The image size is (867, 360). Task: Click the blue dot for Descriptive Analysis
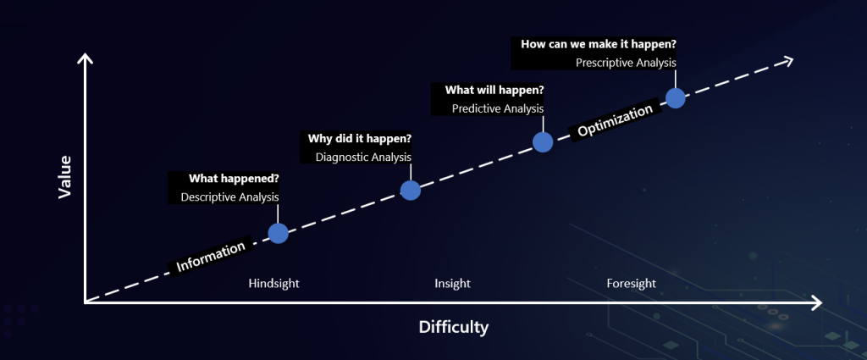[x=278, y=233]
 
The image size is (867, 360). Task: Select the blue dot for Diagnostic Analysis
[x=411, y=191]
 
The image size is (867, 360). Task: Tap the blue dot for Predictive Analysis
[x=543, y=142]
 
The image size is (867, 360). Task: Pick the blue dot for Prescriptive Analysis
[x=675, y=98]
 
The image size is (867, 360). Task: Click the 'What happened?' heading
[x=234, y=179]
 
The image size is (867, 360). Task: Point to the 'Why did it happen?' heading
[x=359, y=138]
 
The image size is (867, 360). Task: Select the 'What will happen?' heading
[x=494, y=90]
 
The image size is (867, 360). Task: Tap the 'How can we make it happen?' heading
[x=599, y=44]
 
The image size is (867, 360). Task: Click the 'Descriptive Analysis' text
[x=229, y=197]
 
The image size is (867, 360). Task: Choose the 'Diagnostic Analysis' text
[x=363, y=157]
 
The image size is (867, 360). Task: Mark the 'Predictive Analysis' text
[x=498, y=109]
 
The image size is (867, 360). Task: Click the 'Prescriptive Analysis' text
[x=626, y=63]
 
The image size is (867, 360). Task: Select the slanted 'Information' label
[x=211, y=257]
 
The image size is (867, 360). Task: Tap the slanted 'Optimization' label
[x=616, y=120]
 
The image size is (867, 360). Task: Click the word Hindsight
[x=273, y=284]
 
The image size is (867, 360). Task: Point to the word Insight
[x=452, y=284]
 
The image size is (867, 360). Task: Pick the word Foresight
[x=631, y=284]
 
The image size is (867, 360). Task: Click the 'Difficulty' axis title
[x=454, y=327]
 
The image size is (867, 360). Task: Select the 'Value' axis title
[x=65, y=177]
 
